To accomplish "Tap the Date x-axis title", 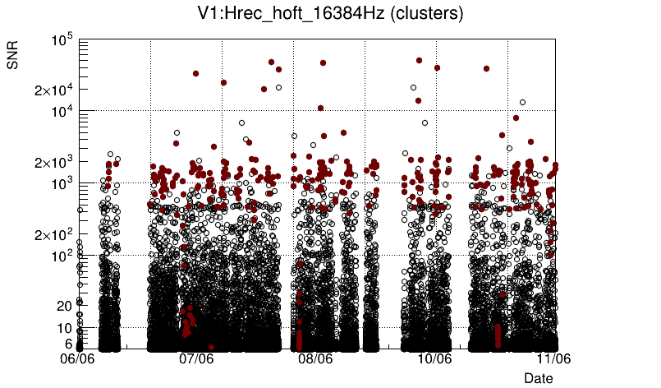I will click(539, 378).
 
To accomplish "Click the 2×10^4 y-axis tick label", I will click(54, 90).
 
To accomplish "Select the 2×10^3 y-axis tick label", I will click(54, 162).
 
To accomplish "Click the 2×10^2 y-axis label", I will click(54, 235).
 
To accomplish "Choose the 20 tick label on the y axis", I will click(64, 306).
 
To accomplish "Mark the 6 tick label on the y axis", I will click(68, 344).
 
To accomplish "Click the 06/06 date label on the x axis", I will click(78, 359).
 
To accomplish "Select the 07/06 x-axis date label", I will click(197, 359).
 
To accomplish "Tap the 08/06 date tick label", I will click(315, 359).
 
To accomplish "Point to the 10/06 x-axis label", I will click(435, 359).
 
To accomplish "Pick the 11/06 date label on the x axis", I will click(553, 359).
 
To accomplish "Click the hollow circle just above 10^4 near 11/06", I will click(522, 103).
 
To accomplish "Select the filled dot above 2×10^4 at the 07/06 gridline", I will click(195, 73).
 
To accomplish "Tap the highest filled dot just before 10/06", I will click(419, 60).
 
